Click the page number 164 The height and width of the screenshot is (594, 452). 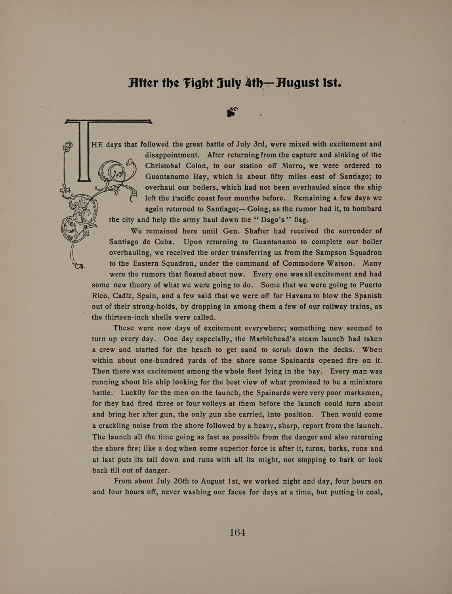(x=238, y=533)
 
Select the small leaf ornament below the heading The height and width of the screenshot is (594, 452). (x=232, y=112)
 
